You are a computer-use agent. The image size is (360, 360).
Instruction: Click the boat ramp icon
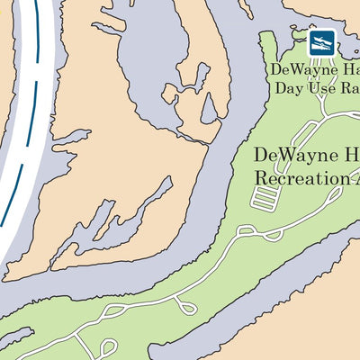[322, 41]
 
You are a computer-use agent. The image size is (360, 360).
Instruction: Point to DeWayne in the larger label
[288, 155]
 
